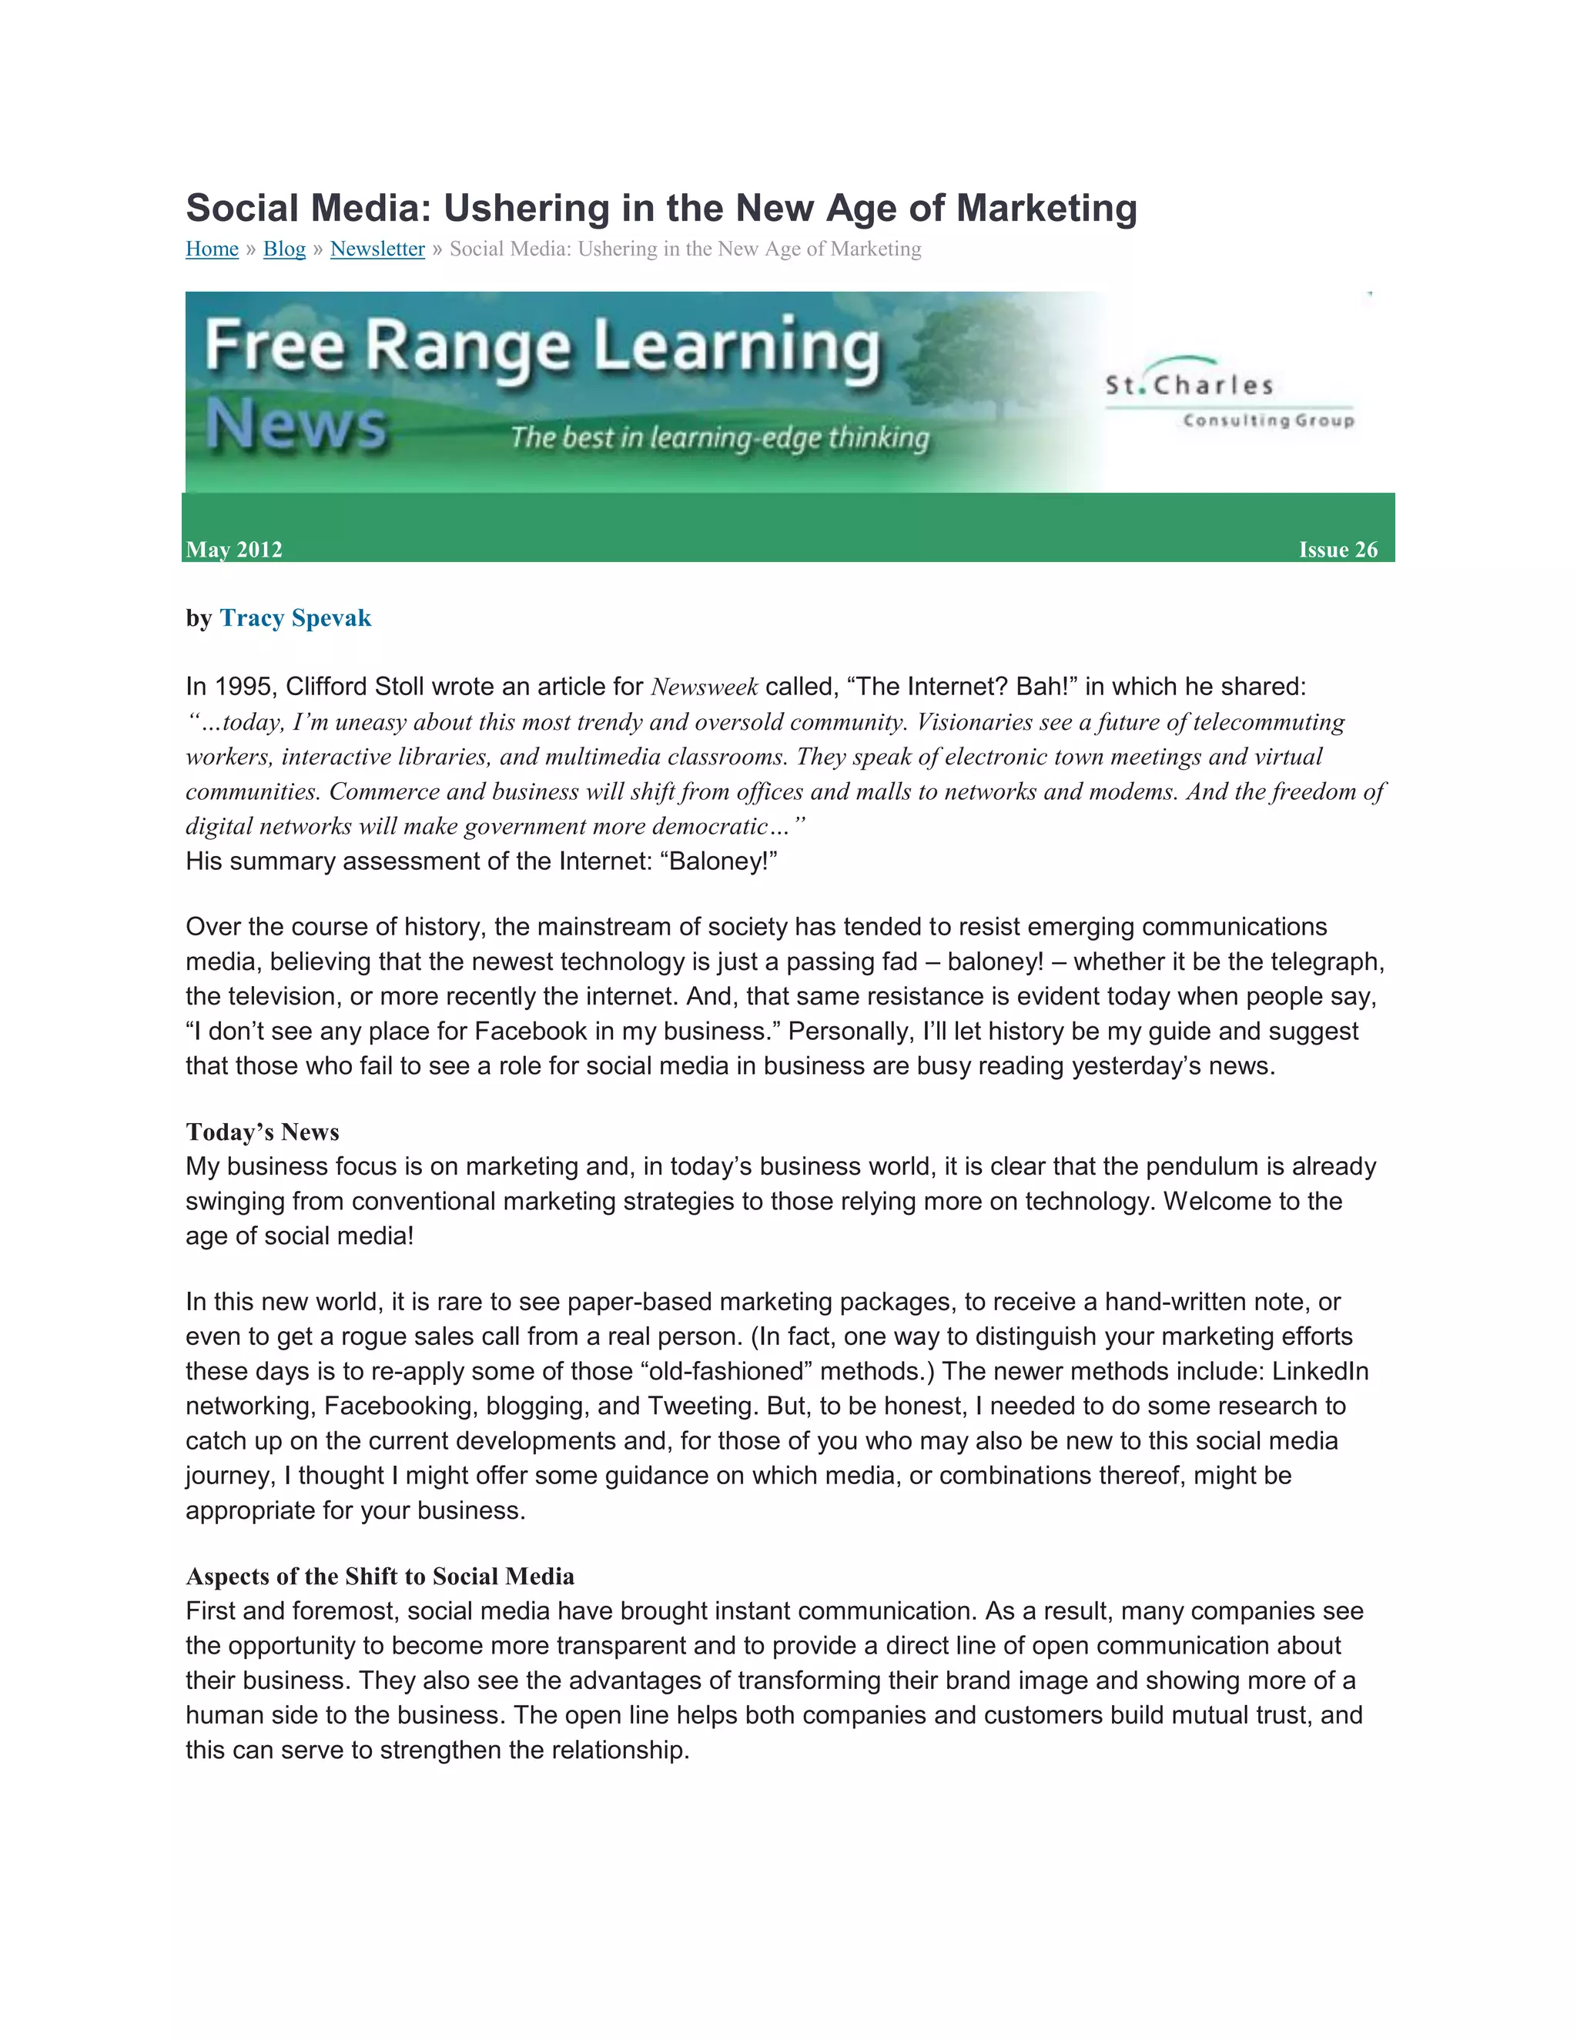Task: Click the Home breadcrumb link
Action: pyautogui.click(x=212, y=249)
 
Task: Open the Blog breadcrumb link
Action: pyautogui.click(x=284, y=249)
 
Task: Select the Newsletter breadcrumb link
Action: pyautogui.click(x=377, y=249)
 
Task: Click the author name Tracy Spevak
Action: pyautogui.click(x=295, y=618)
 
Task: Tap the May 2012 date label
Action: pyautogui.click(x=233, y=549)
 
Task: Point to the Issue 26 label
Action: pyautogui.click(x=1338, y=549)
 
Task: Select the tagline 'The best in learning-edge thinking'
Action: pyautogui.click(x=719, y=437)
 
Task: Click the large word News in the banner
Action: pyautogui.click(x=295, y=426)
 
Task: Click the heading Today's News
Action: pyautogui.click(x=263, y=1132)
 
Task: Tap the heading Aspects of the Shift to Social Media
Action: pyautogui.click(x=380, y=1577)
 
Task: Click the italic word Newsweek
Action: pyautogui.click(x=705, y=687)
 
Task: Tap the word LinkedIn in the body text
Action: pyautogui.click(x=1319, y=1371)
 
